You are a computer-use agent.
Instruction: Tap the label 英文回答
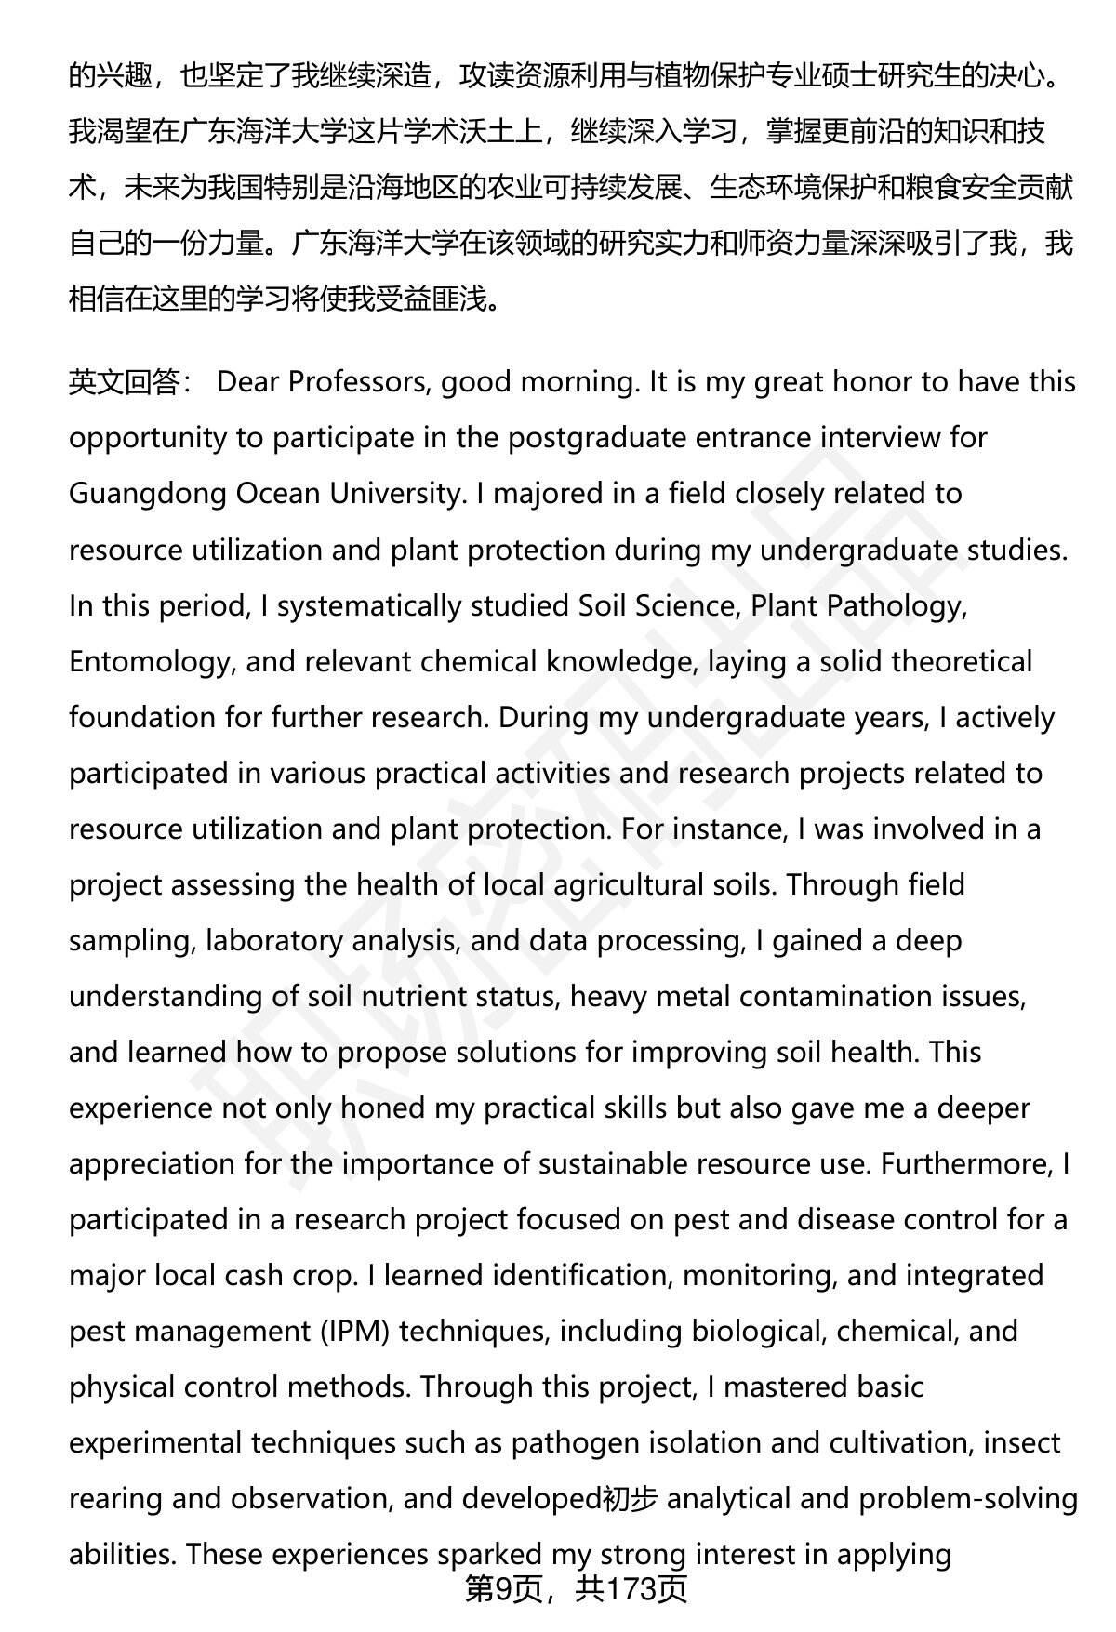tap(125, 383)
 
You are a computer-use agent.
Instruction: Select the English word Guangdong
tap(148, 494)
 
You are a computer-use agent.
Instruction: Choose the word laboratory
tap(278, 941)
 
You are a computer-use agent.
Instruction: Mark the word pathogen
tap(567, 1443)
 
